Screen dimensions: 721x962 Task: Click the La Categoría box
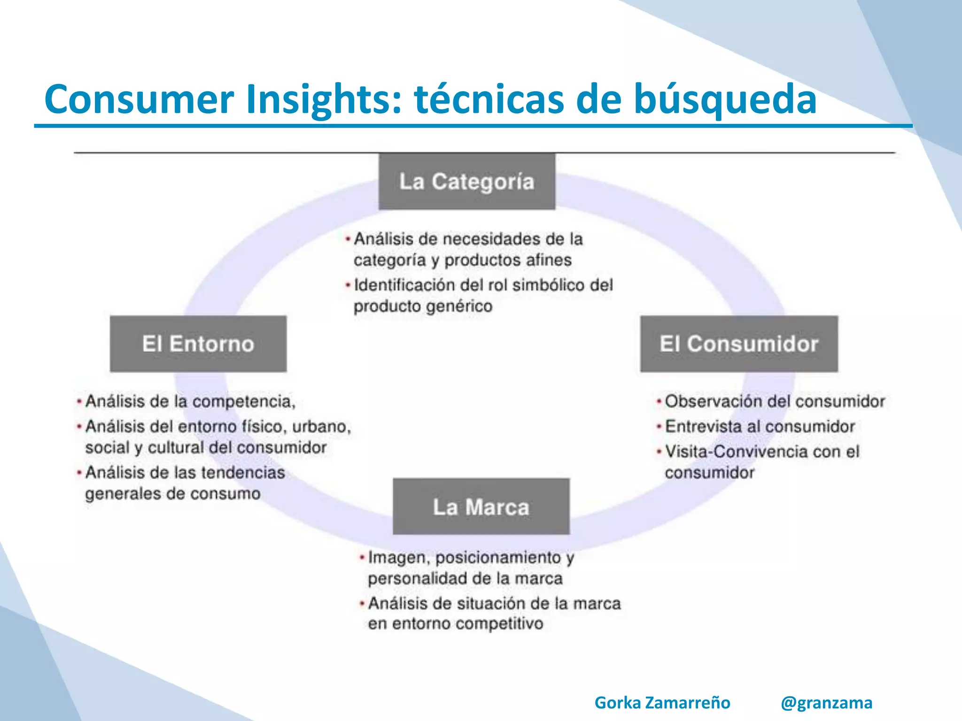pos(466,182)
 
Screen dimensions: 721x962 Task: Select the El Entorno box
pos(198,344)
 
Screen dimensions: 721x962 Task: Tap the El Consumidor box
pos(739,344)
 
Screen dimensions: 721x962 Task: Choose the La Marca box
pos(481,507)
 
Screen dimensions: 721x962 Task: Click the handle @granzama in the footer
pos(826,703)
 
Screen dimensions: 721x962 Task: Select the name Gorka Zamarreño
pos(662,703)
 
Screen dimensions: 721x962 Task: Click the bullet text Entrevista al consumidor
pos(760,426)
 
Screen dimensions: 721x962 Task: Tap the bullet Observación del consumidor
pos(775,401)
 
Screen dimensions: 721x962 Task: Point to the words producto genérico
pos(423,307)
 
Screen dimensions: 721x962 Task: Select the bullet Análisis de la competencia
pos(190,401)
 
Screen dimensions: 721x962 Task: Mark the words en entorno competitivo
pos(455,624)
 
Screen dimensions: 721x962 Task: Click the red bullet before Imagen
pos(362,558)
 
